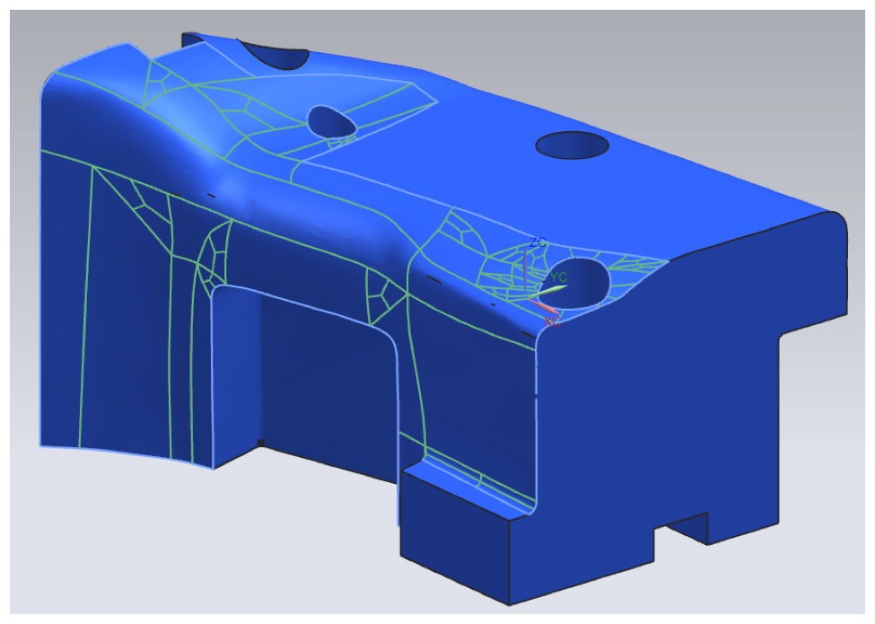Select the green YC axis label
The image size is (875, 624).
coord(559,277)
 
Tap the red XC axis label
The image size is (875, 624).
coord(553,321)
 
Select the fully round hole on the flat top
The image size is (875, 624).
coord(573,145)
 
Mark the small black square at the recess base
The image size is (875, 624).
coord(259,443)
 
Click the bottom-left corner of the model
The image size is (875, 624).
coord(41,445)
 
